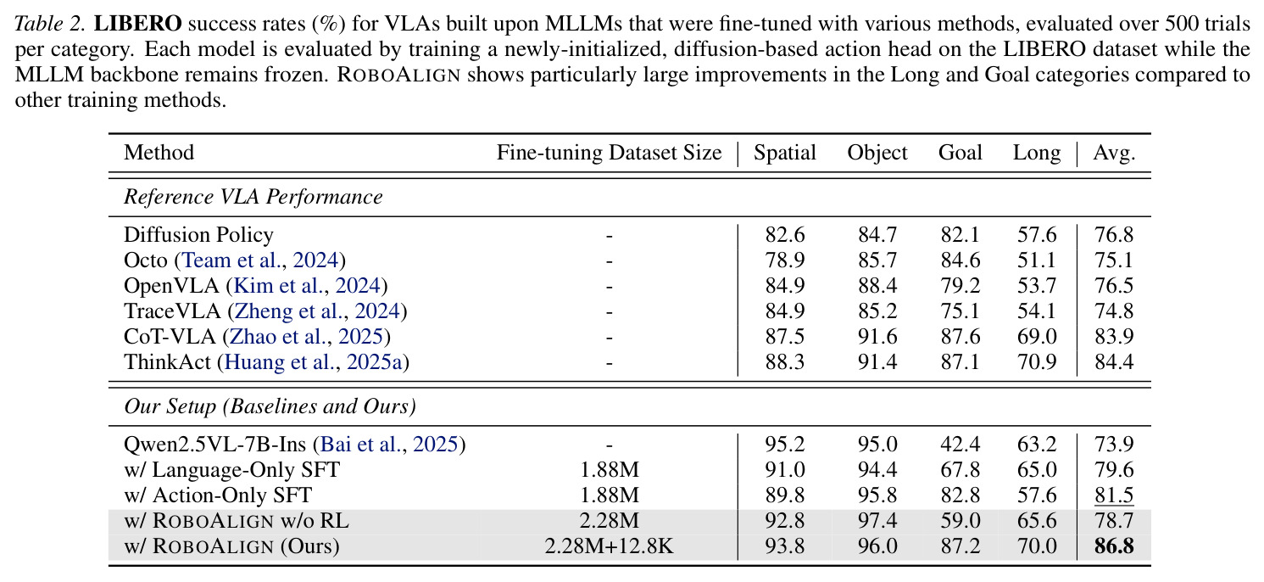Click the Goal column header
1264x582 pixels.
pos(960,153)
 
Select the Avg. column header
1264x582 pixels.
pos(1114,154)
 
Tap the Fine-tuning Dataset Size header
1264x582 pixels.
pos(609,153)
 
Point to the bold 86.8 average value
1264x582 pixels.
pos(1114,546)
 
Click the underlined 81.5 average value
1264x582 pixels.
pos(1114,495)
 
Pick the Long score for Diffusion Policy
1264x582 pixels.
pos(1037,234)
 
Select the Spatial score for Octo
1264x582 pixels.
pos(785,260)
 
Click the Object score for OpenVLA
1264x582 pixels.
pos(877,285)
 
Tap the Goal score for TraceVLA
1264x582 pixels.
pos(960,311)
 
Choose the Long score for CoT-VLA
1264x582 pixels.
pos(1037,336)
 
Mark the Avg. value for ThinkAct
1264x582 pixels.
pos(1114,361)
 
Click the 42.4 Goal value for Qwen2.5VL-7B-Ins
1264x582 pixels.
pos(960,445)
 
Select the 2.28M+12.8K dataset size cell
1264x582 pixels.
pos(609,546)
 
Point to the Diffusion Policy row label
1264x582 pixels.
pos(198,235)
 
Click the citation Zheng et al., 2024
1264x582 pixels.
pos(317,311)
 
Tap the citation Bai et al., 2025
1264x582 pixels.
pos(389,445)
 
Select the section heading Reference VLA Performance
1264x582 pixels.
pos(253,197)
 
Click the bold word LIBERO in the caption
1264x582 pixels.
pos(137,24)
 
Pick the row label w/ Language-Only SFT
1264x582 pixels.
pos(232,470)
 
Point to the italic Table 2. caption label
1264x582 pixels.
pos(50,24)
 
